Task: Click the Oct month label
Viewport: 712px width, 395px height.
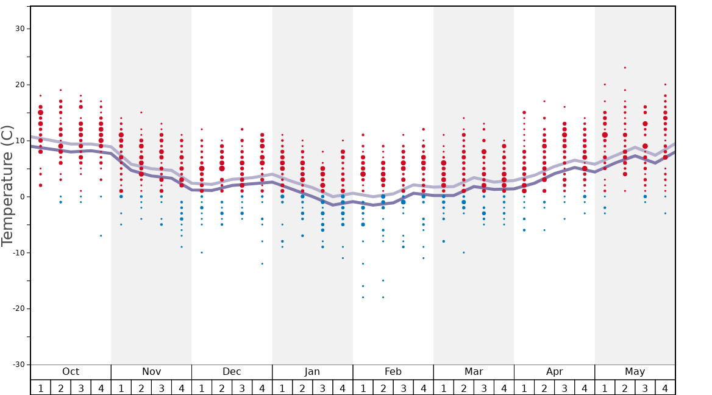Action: tap(71, 372)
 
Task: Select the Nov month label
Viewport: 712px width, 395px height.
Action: tap(151, 372)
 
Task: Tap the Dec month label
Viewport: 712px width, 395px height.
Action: tap(232, 372)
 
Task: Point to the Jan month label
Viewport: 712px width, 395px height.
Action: tap(312, 372)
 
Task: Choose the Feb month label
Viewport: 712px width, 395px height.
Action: tap(393, 372)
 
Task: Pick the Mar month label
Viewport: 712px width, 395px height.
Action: tap(474, 372)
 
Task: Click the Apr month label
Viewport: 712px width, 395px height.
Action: tap(554, 372)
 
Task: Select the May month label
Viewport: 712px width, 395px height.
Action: tap(635, 372)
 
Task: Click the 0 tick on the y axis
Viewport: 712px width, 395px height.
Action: tap(23, 196)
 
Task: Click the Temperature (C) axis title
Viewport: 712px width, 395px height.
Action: tap(7, 185)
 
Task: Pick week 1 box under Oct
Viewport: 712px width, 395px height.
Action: tap(40, 388)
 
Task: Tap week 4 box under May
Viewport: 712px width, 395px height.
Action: tap(665, 388)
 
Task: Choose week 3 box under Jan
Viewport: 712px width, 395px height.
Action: tap(322, 388)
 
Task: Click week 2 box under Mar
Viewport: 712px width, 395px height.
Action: tap(463, 388)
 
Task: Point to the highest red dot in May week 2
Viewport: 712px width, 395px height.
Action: tap(625, 68)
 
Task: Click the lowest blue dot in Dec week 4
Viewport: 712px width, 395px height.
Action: tap(262, 264)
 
